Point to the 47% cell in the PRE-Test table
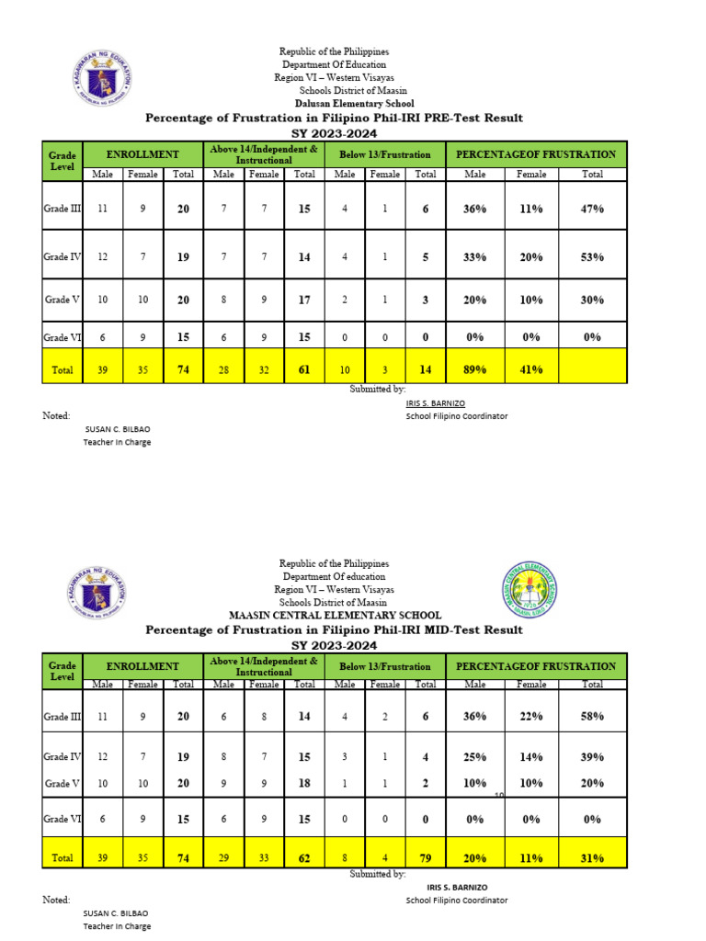pos(592,209)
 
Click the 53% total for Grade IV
pos(592,257)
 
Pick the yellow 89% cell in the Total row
pos(474,370)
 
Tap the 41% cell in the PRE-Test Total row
pos(531,370)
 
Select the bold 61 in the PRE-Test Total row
pos(304,370)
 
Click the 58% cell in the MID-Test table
pos(592,716)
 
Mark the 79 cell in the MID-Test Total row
pos(425,858)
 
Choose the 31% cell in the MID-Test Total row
pos(592,858)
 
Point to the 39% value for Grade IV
pos(592,756)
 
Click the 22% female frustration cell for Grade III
pos(531,716)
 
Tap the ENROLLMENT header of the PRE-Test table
pos(142,155)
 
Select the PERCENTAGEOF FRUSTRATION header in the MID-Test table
pos(536,666)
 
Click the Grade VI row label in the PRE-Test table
pos(63,337)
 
